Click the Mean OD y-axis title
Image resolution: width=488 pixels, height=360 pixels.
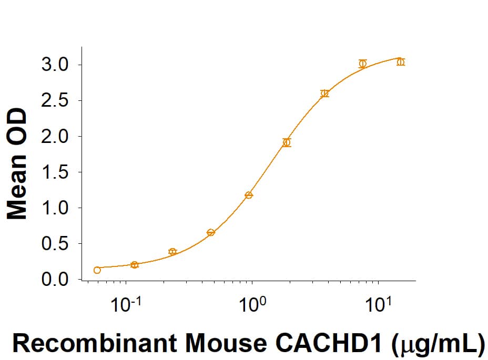coord(17,163)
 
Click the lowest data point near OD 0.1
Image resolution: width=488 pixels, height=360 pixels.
coord(97,270)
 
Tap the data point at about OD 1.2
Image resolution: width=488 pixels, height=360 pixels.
coord(249,195)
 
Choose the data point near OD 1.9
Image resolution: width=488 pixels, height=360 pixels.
coord(287,142)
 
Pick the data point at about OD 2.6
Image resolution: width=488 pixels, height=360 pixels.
coord(324,94)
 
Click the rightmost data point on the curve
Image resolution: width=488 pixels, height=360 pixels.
coord(401,62)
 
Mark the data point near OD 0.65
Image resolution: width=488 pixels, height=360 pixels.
coord(211,232)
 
